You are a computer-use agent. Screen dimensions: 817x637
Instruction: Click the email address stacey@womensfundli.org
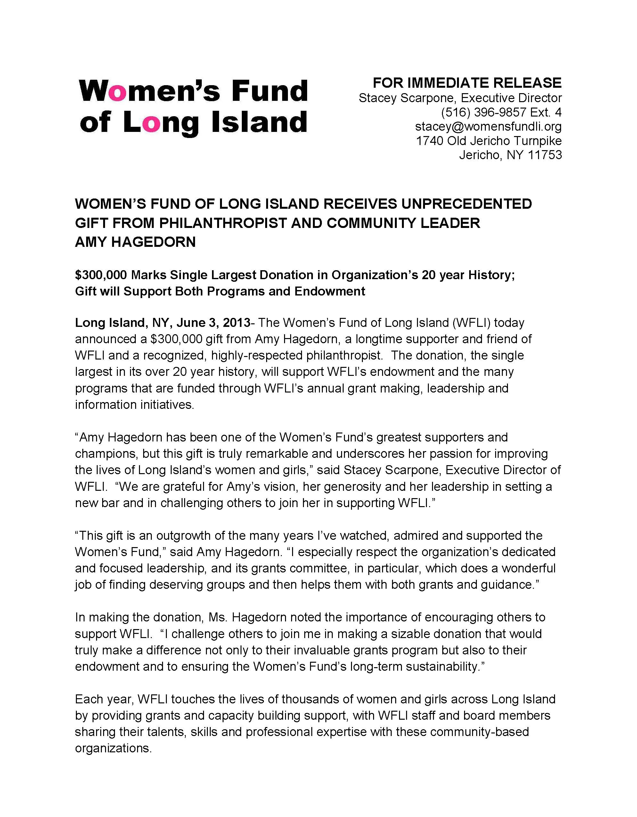[488, 126]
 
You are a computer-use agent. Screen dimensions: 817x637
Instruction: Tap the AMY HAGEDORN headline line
[135, 242]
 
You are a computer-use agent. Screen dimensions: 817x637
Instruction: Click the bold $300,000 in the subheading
[101, 275]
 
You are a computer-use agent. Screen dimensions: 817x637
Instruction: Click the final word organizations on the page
[113, 748]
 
